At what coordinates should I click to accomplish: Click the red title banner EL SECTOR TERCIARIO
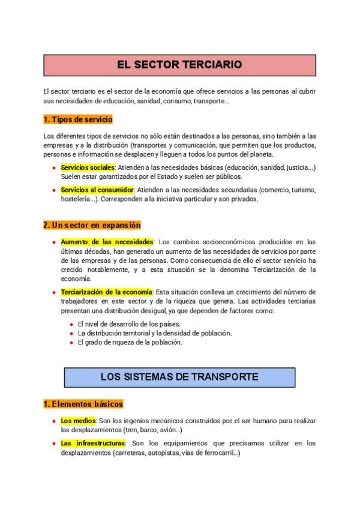(x=180, y=64)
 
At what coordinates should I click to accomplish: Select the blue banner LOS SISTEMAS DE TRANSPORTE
(x=179, y=377)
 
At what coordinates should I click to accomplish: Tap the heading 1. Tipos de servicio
(x=78, y=119)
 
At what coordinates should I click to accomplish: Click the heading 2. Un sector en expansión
(x=92, y=225)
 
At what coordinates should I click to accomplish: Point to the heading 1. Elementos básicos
(x=83, y=404)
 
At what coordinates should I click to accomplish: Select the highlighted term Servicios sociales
(x=88, y=167)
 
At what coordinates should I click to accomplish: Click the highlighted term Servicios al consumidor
(x=97, y=190)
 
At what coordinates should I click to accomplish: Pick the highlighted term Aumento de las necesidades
(x=107, y=242)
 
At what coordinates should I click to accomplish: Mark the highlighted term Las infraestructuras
(x=92, y=443)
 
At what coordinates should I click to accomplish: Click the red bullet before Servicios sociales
(x=54, y=167)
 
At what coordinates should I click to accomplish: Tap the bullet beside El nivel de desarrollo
(x=71, y=324)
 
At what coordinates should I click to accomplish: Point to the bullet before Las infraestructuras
(x=54, y=444)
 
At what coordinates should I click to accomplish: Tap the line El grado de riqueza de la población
(x=130, y=342)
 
